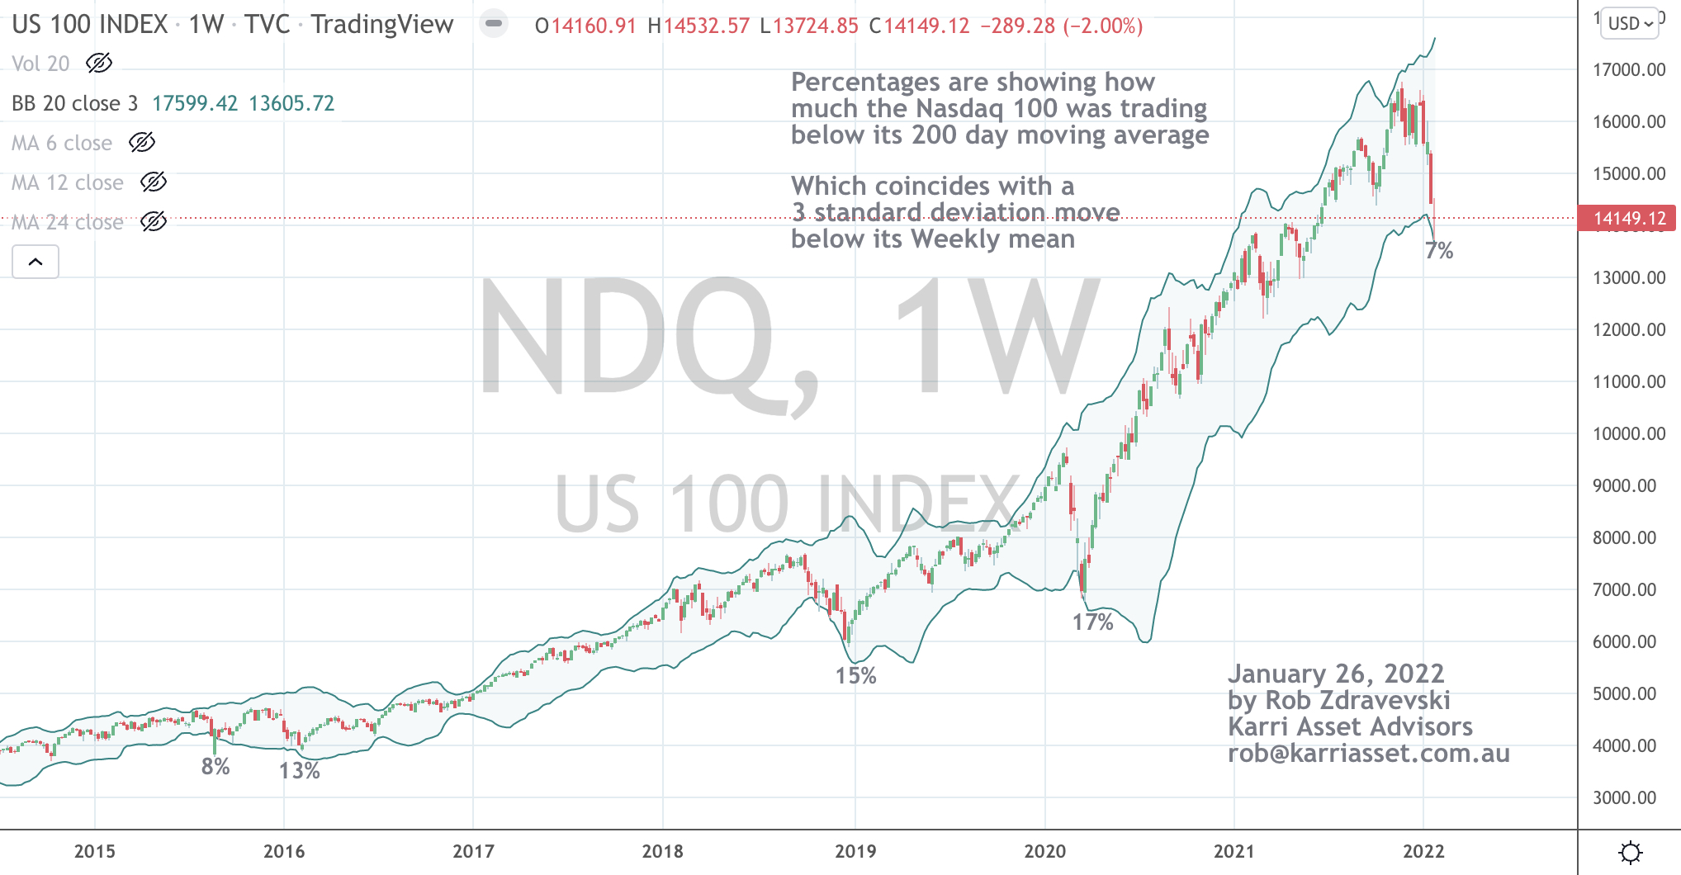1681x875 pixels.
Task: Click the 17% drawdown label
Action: point(1092,622)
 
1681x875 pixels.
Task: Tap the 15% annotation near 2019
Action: point(855,675)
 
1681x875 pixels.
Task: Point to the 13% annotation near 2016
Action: point(299,770)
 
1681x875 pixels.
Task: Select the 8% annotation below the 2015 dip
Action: point(215,766)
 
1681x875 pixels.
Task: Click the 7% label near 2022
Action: point(1439,250)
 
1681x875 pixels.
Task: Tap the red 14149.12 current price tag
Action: point(1629,218)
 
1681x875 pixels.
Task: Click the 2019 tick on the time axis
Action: point(855,851)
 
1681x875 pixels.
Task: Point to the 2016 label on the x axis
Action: point(284,851)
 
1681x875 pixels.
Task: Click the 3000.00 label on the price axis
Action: point(1624,797)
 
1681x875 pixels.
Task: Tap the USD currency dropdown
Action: point(1630,24)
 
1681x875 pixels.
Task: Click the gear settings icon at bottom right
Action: point(1631,852)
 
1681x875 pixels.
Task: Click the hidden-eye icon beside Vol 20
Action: point(99,63)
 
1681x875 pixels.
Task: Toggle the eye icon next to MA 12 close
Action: point(154,182)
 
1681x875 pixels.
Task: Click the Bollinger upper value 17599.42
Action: point(195,103)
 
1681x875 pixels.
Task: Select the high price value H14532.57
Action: point(698,26)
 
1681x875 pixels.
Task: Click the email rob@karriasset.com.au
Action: point(1368,753)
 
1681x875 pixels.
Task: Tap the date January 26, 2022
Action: point(1336,674)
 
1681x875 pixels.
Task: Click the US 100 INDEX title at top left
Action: point(90,24)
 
